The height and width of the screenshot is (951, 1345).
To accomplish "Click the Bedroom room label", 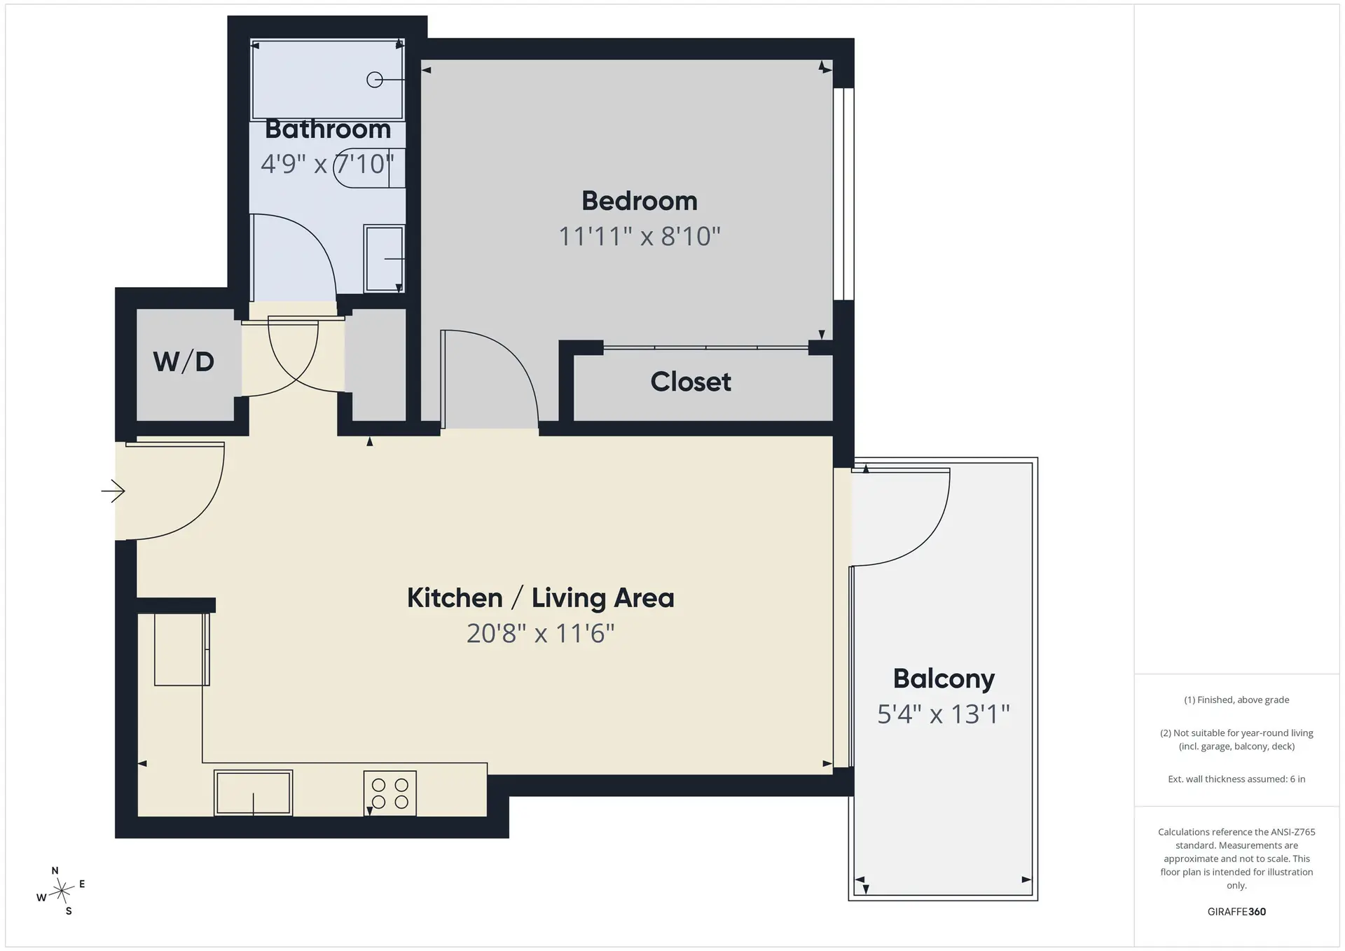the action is click(x=640, y=201).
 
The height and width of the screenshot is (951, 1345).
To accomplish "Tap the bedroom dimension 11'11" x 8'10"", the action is click(x=640, y=237).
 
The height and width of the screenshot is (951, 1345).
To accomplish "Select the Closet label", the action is click(x=691, y=382).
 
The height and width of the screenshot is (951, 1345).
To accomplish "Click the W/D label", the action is click(x=184, y=361).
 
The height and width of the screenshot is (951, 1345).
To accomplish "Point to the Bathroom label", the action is click(x=328, y=129).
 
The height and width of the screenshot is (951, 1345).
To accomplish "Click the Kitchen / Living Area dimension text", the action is click(x=541, y=633).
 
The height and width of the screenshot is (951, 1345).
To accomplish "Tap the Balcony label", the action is click(x=944, y=679).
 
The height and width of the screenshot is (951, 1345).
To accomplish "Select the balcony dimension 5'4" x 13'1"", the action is click(x=944, y=714).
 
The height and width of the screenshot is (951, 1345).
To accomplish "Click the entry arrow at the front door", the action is click(x=113, y=491).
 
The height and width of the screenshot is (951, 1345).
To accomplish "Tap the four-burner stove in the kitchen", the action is click(x=390, y=793).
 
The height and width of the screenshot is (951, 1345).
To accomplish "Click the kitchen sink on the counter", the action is click(x=253, y=793).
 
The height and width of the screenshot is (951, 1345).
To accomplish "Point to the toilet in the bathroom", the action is click(x=370, y=168).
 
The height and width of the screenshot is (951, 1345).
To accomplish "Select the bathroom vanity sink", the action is click(x=384, y=258).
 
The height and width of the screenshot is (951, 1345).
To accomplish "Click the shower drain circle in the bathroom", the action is click(x=375, y=80).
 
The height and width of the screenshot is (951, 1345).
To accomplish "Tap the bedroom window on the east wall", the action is click(x=843, y=194).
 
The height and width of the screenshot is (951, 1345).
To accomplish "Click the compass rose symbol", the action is click(x=62, y=891).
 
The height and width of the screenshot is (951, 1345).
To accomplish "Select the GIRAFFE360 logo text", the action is click(x=1236, y=912).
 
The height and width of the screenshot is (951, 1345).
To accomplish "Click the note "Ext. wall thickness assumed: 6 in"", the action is click(x=1236, y=779).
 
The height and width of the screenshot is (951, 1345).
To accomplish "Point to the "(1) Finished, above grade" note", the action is click(x=1236, y=700).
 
